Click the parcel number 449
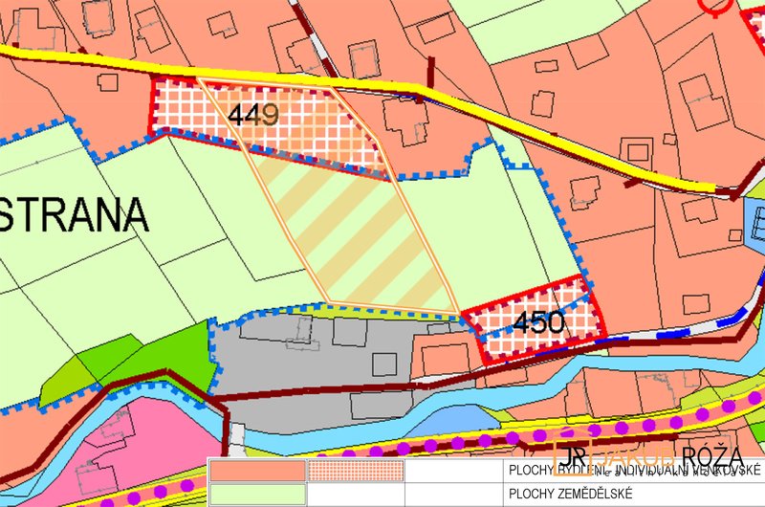[254, 116]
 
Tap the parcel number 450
[537, 323]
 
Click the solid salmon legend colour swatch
[256, 471]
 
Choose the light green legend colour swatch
[256, 494]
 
